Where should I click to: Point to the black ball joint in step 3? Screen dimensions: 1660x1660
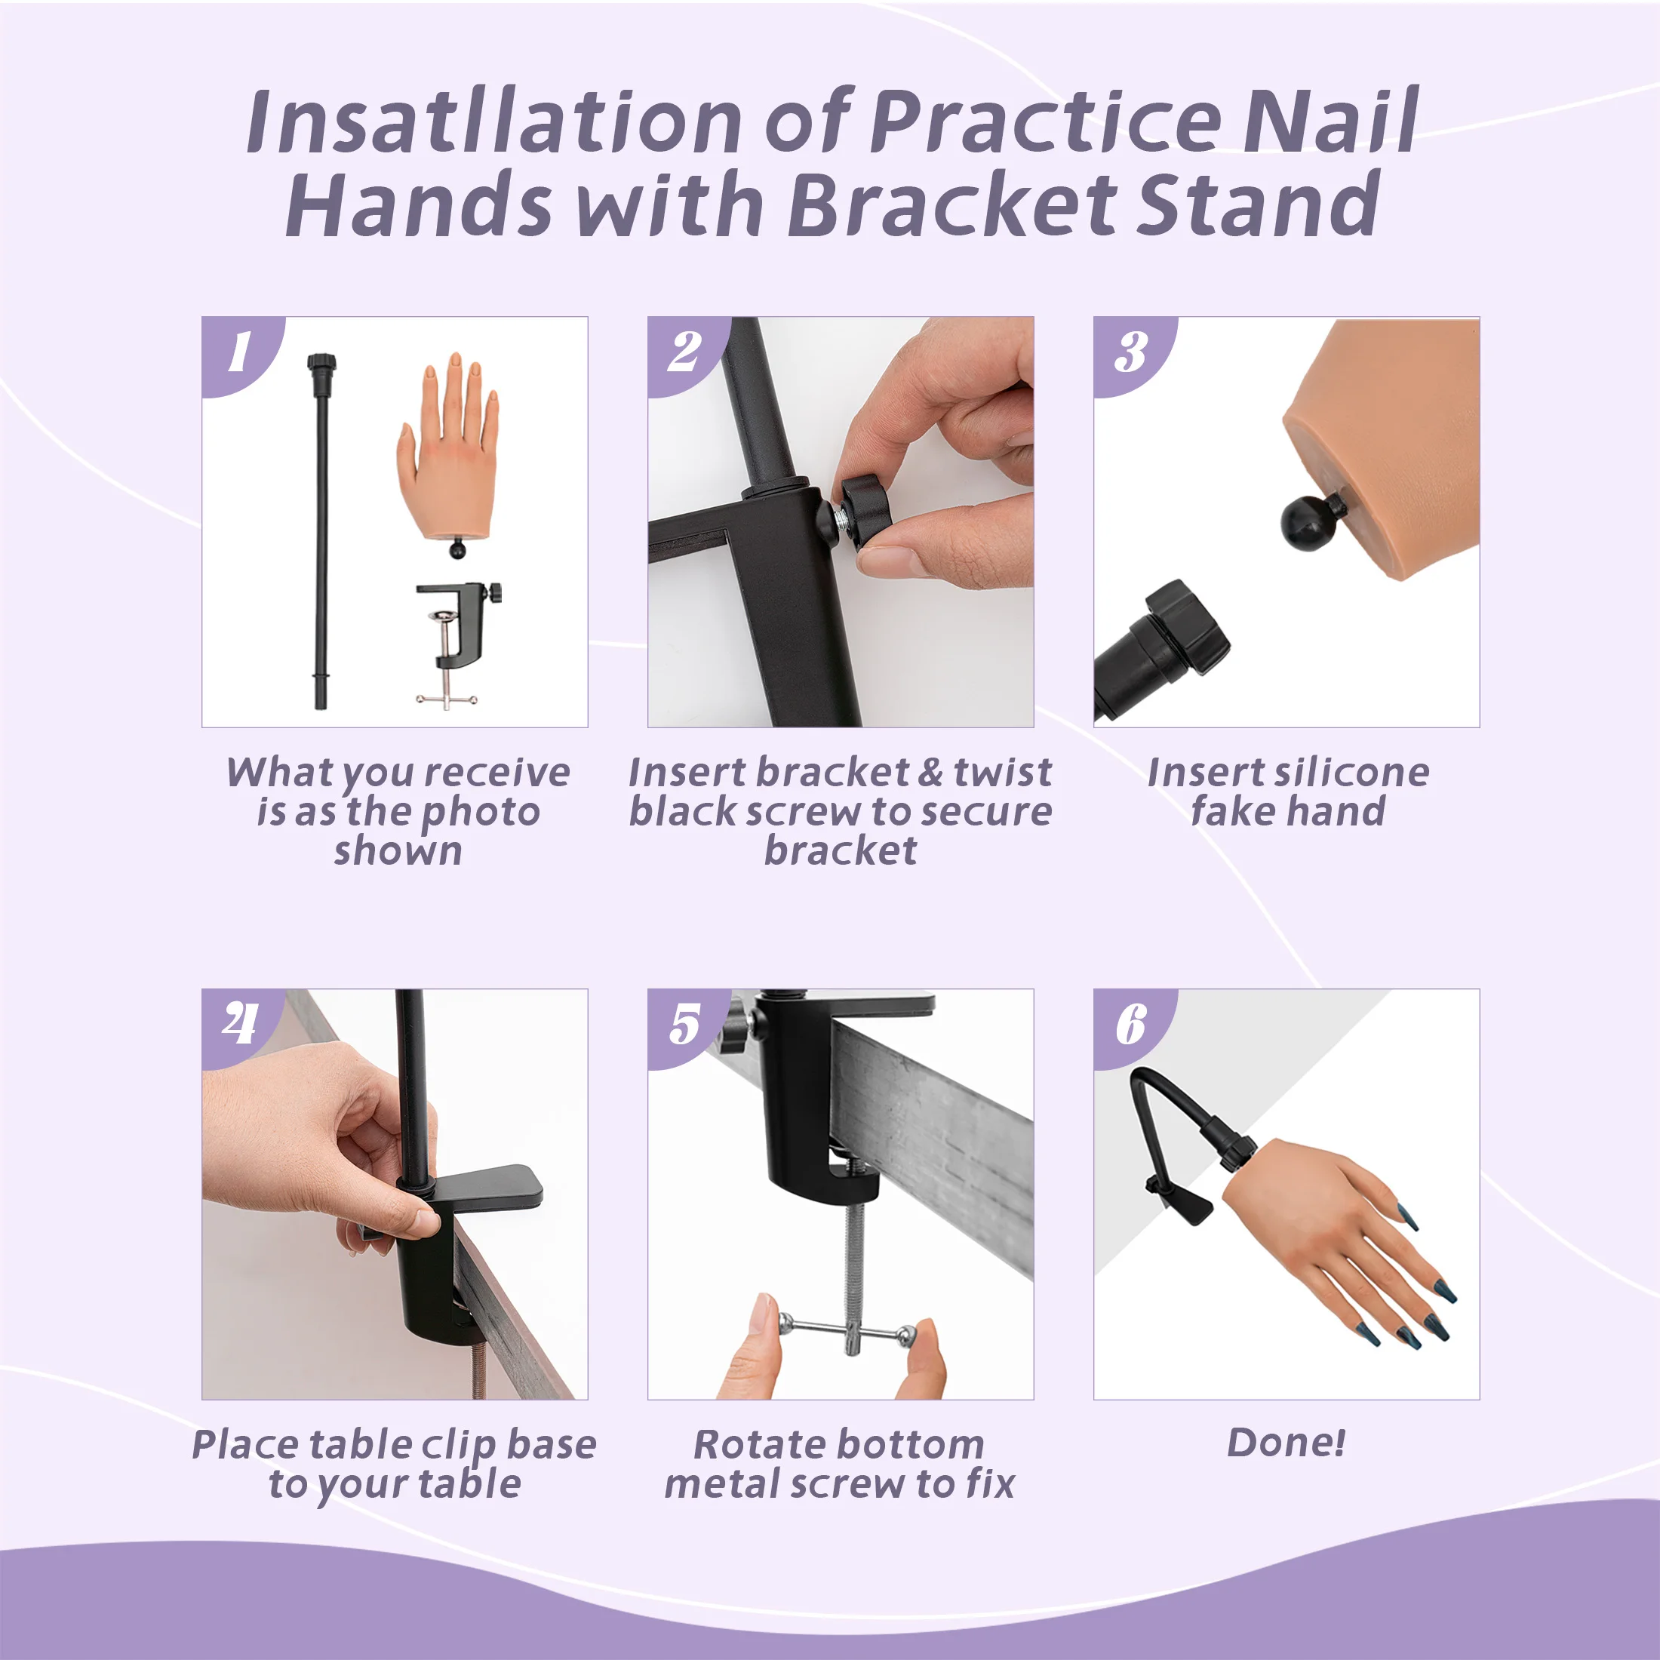1308,519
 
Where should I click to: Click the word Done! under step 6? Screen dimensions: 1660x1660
1286,1443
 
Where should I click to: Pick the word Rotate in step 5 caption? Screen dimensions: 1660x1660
751,1444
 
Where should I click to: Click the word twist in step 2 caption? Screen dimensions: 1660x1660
1003,772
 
